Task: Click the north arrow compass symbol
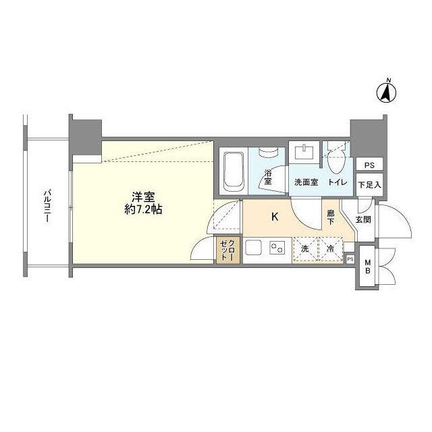[386, 92]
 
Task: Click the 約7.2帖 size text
[143, 210]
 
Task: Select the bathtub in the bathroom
[234, 171]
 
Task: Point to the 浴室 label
[268, 177]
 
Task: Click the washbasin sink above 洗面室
[304, 153]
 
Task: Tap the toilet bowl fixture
[335, 160]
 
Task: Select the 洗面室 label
[306, 182]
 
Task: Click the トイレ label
[337, 182]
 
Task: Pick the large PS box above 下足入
[369, 165]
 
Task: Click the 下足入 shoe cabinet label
[369, 185]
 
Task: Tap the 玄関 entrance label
[363, 219]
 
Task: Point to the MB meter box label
[367, 267]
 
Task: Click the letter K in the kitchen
[275, 217]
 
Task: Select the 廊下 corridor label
[331, 217]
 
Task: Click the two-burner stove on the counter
[277, 248]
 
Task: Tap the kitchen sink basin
[254, 248]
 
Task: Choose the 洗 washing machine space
[305, 248]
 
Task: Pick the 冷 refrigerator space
[330, 248]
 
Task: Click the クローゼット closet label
[228, 250]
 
